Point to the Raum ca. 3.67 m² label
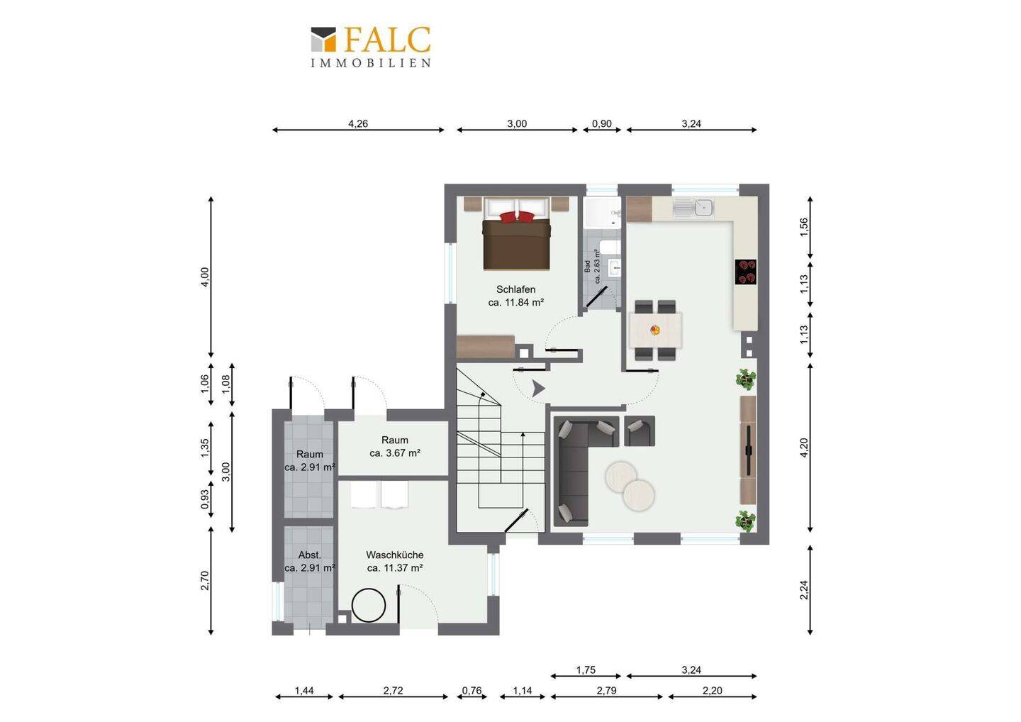pos(395,447)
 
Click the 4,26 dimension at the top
pos(358,123)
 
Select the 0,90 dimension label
pos(602,123)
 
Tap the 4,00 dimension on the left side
pos(205,277)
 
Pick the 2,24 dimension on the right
pos(804,590)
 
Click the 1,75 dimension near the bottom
pos(586,670)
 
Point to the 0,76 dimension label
pos(472,691)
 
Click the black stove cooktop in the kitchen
pos(746,272)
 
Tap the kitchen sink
pos(693,209)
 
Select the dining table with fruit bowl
pos(655,330)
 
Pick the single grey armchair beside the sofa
pos(640,431)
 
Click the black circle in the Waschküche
pos(369,605)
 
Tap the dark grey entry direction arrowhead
pos(539,389)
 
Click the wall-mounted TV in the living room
pos(749,450)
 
